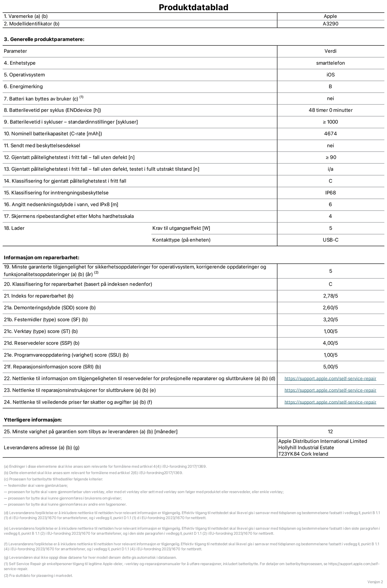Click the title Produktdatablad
193,7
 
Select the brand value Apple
330,16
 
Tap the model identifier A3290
330,24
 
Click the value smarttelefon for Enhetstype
330,63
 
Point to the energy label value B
330,86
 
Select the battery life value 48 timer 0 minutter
330,110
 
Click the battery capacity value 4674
330,134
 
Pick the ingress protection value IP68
330,193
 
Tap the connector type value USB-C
330,240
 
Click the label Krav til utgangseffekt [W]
181,228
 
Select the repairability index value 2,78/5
330,296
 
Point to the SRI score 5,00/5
330,367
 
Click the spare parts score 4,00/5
330,343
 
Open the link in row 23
330,390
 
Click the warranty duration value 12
330,432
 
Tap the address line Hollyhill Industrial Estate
306,448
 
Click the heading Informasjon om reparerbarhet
41,258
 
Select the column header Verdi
330,51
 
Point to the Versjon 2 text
375,582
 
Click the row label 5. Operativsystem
24,75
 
